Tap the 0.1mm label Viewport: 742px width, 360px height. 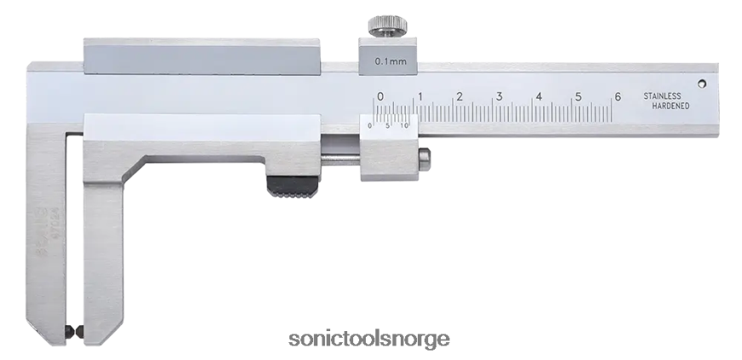point(389,62)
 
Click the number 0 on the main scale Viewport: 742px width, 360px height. point(380,96)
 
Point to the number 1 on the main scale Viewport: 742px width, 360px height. point(420,96)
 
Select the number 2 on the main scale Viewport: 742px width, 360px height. point(459,96)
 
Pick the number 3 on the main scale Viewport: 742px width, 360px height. point(499,96)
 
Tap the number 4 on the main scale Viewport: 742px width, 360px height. point(539,96)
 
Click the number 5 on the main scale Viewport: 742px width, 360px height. point(578,96)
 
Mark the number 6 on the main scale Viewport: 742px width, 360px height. point(618,96)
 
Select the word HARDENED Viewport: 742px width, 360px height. point(670,109)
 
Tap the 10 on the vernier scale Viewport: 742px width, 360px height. point(405,126)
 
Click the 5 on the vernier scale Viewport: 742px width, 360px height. point(388,126)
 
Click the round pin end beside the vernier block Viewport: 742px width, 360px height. point(425,160)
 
